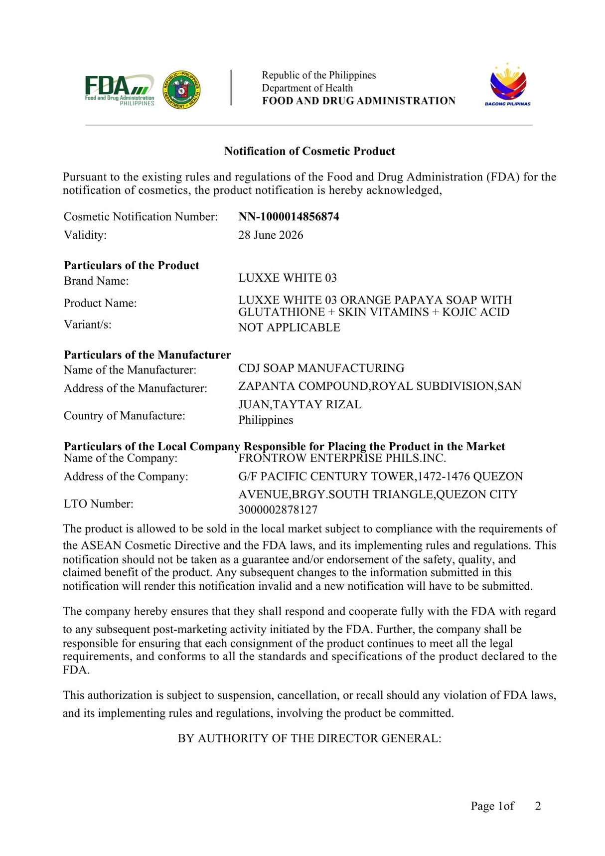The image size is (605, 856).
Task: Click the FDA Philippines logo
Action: point(119,90)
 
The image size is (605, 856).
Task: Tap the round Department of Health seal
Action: point(182,90)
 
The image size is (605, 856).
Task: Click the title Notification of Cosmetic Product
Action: point(309,151)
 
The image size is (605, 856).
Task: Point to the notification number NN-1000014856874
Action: point(289,216)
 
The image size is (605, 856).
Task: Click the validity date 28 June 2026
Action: point(271,235)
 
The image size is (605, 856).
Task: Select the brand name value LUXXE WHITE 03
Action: point(288,278)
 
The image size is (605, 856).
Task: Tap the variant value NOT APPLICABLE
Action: point(289,328)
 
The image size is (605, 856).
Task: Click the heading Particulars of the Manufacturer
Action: point(147,354)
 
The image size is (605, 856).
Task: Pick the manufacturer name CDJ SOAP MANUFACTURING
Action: point(321,368)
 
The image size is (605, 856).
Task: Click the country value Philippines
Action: point(266,420)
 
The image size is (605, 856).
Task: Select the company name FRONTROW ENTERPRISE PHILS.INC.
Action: point(342,458)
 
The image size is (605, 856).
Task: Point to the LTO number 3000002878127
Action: point(278,510)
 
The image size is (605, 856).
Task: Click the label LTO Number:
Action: point(98,504)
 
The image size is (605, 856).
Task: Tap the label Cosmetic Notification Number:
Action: point(141,216)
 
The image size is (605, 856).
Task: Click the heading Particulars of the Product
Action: point(132,265)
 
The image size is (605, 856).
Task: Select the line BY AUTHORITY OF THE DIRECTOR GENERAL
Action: point(309,738)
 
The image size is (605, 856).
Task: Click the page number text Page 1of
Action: point(492,806)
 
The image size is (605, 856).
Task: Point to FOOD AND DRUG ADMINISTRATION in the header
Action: point(359,101)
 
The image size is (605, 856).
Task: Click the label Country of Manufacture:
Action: point(124,416)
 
